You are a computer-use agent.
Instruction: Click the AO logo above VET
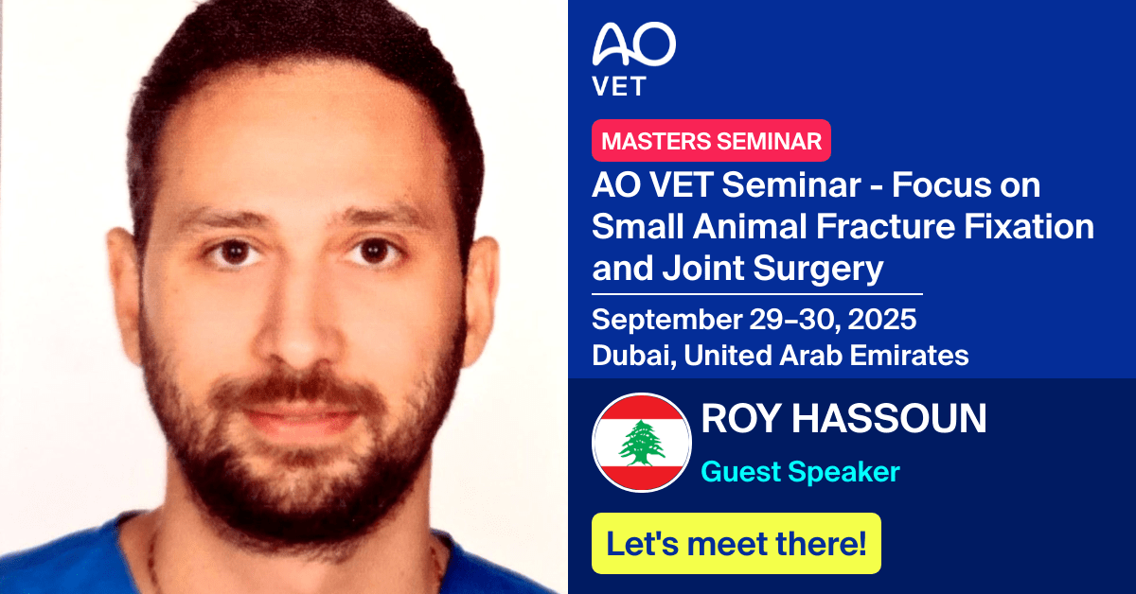coord(633,44)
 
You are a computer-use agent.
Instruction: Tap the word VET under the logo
coord(619,87)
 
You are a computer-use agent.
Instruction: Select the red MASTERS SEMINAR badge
coord(711,141)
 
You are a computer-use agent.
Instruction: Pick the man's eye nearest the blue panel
coord(369,252)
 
